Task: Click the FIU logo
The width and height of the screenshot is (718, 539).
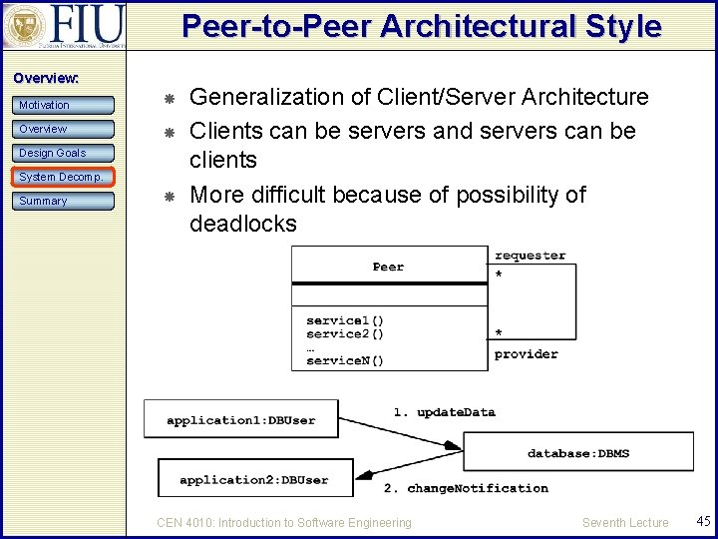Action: click(x=65, y=25)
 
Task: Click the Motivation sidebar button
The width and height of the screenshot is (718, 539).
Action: click(x=66, y=105)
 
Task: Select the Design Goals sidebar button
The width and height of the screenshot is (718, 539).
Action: click(x=66, y=153)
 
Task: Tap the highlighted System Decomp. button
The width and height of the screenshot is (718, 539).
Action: click(x=66, y=177)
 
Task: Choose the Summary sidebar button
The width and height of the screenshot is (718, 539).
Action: click(x=66, y=201)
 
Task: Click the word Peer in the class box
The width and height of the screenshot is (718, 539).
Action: click(x=388, y=267)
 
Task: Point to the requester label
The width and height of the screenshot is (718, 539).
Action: click(x=530, y=256)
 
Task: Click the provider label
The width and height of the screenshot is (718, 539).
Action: click(x=526, y=354)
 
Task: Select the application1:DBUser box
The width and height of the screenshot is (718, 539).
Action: click(x=240, y=420)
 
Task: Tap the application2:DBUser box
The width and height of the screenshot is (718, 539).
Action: click(x=254, y=480)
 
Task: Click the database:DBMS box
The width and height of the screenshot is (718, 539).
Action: click(x=578, y=453)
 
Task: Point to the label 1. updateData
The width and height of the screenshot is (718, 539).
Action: click(x=444, y=411)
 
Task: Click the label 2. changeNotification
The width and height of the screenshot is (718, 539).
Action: click(x=466, y=488)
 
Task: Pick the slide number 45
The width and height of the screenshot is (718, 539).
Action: click(x=703, y=521)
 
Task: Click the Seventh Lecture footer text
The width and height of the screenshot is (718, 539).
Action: click(x=625, y=522)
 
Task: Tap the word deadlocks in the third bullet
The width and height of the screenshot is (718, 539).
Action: click(x=243, y=224)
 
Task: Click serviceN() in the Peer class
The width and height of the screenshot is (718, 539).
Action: click(x=345, y=360)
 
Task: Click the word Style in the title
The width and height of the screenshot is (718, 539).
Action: click(x=626, y=26)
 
